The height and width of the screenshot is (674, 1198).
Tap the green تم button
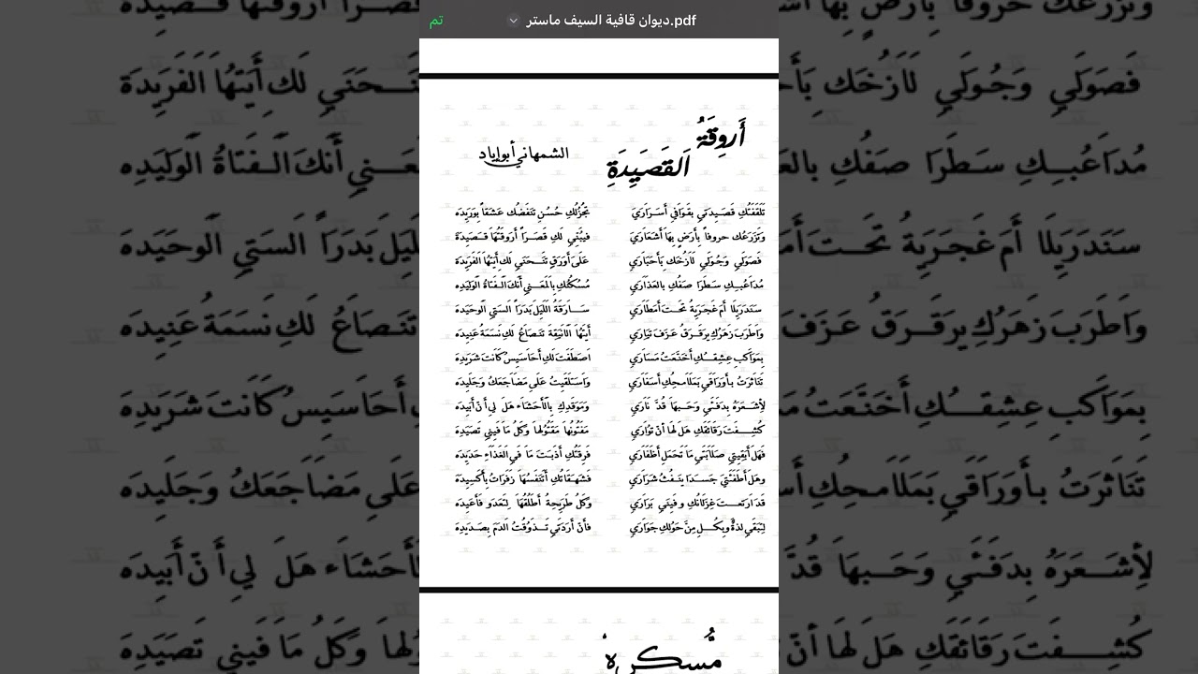pos(436,21)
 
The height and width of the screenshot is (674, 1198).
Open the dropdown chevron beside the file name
pos(513,21)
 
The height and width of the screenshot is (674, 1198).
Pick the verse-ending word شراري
pos(648,479)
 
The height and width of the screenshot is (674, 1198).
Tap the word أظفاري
pos(648,455)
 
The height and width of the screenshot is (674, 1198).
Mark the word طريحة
pos(560,504)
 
